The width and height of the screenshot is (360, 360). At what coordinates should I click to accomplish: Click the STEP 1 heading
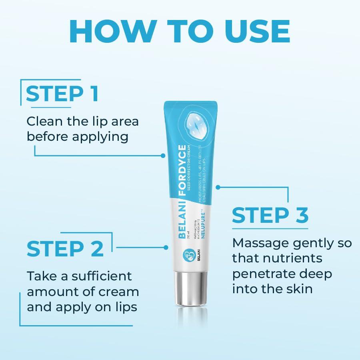(x=62, y=94)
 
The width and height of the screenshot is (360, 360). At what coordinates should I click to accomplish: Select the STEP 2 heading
(x=65, y=248)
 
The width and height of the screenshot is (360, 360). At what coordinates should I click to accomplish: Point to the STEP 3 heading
(x=270, y=215)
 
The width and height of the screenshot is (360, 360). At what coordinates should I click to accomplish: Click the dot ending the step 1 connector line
(x=163, y=155)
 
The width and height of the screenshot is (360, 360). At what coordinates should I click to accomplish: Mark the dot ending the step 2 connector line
(x=166, y=247)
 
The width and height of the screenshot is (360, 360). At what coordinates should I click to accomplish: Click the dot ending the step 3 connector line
(x=218, y=187)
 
